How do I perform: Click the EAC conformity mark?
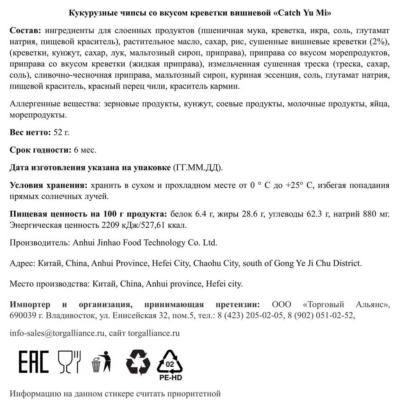[33, 362]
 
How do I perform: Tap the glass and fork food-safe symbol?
[69, 362]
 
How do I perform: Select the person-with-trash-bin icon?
[101, 362]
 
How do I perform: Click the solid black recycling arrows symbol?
[138, 362]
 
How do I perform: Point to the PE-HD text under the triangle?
[171, 378]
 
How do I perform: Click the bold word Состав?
[25, 31]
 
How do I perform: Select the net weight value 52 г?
[61, 132]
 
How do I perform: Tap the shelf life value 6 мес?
[85, 150]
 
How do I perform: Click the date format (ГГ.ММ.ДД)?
[198, 168]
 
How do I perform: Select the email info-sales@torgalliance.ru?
[57, 333]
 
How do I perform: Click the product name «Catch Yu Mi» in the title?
[302, 13]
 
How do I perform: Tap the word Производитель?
[40, 243]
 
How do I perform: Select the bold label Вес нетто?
[30, 132]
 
